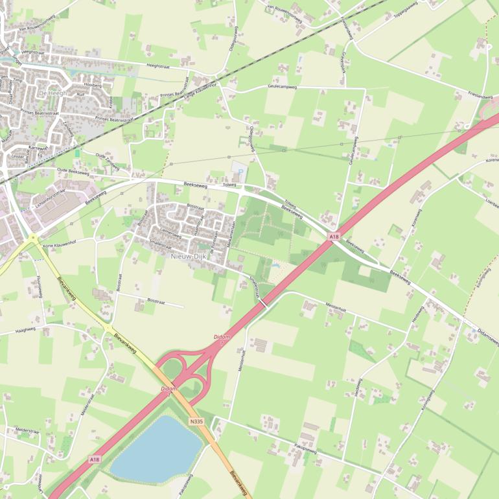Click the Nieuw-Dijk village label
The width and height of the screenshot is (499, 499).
coord(187,257)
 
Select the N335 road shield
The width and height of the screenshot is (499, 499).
coord(197,421)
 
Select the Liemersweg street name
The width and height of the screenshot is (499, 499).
coord(170,231)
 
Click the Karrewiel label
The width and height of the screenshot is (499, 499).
coord(38,148)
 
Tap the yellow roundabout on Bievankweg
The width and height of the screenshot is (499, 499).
coord(32,238)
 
